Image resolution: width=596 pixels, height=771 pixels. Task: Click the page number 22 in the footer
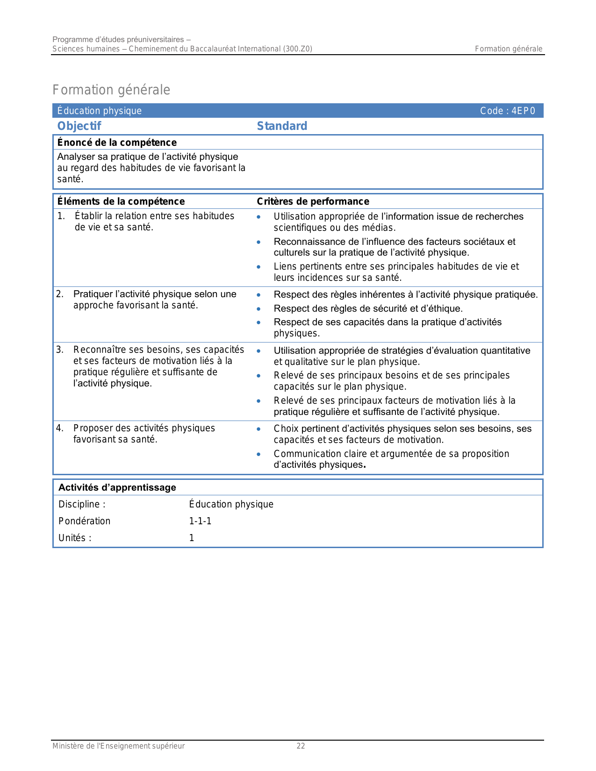[x=301, y=746]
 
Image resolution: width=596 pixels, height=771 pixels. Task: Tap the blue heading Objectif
[x=79, y=126]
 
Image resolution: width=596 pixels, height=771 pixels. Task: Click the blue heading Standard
[x=282, y=126]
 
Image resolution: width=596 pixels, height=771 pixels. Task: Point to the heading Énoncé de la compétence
[x=117, y=143]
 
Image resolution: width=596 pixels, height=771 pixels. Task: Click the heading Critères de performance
[x=313, y=201]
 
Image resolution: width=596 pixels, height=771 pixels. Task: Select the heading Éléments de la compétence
[x=121, y=201]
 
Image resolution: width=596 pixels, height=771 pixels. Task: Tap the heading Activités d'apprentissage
[x=117, y=487]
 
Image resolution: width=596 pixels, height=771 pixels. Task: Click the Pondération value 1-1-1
[x=200, y=521]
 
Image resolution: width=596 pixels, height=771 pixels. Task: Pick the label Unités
[x=72, y=538]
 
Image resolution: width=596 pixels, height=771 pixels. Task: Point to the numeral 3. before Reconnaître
[x=60, y=350]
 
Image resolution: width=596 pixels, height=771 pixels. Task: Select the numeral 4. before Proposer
[x=60, y=428]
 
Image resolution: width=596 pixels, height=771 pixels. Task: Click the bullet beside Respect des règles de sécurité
[x=259, y=309]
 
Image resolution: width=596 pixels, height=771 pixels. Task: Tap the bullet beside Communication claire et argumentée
[x=259, y=454]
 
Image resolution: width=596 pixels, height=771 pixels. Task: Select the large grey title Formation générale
[x=111, y=90]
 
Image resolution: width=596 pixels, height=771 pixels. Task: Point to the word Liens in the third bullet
[x=284, y=266]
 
